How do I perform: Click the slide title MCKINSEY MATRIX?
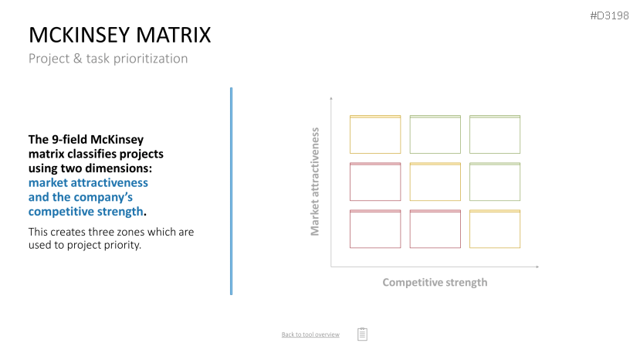(x=120, y=35)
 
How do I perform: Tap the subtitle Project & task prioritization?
(x=108, y=59)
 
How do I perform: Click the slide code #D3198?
(x=609, y=15)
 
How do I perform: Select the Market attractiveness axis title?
(x=315, y=182)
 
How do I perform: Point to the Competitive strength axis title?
(x=435, y=283)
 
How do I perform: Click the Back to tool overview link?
(x=310, y=335)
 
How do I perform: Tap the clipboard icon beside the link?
(x=362, y=334)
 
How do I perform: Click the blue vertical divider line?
(x=231, y=191)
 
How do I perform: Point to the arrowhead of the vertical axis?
(x=331, y=98)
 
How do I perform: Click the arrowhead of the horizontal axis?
(x=537, y=267)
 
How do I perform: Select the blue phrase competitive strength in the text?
(x=86, y=211)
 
